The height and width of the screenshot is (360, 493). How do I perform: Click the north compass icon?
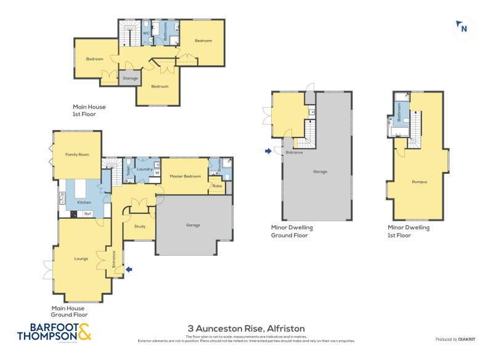(463, 28)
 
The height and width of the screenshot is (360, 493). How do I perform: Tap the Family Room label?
(78, 154)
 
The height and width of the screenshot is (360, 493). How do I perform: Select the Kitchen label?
(84, 202)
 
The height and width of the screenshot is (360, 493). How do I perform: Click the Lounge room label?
(81, 258)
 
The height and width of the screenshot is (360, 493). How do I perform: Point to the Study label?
(140, 226)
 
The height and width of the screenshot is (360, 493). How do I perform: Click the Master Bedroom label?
(185, 176)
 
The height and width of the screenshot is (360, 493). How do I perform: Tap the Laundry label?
(144, 168)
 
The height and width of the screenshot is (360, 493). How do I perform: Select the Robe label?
(217, 186)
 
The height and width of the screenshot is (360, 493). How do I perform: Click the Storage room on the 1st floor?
(130, 78)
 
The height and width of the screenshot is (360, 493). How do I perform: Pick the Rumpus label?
(420, 182)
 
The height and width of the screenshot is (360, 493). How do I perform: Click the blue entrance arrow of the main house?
(128, 269)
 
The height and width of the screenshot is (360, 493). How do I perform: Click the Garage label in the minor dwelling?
(320, 171)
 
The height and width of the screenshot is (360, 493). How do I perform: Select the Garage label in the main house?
(193, 225)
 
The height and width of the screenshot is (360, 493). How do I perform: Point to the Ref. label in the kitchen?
(88, 214)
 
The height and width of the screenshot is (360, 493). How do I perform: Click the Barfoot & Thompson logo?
(54, 332)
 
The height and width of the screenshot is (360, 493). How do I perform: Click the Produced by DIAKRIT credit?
(456, 339)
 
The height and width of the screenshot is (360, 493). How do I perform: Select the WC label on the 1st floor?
(147, 33)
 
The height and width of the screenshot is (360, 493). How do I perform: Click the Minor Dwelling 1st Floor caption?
(404, 231)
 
